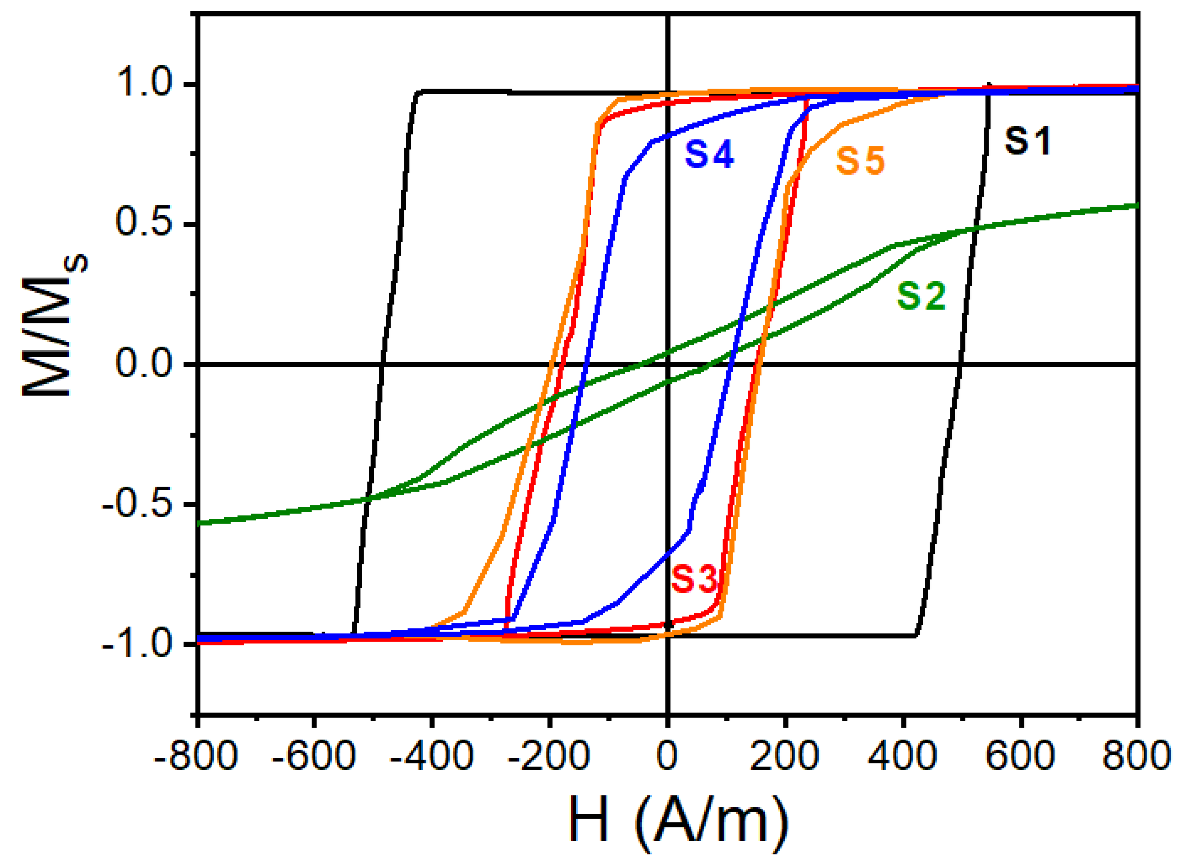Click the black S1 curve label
pos(1027,141)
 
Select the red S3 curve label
pos(694,579)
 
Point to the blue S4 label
pos(709,154)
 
